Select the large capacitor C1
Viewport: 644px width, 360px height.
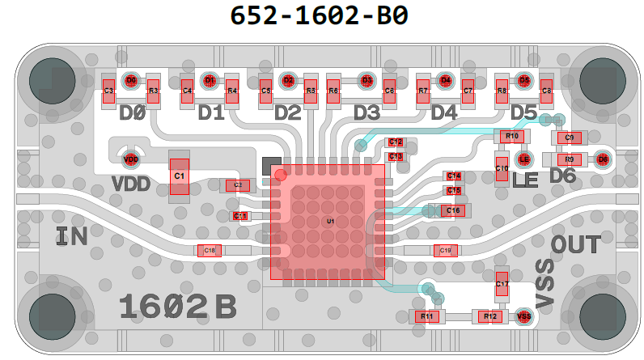click(x=179, y=175)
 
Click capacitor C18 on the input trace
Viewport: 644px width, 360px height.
click(x=209, y=251)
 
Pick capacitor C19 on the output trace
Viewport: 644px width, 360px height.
click(x=445, y=251)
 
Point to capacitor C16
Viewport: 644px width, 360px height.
click(x=453, y=210)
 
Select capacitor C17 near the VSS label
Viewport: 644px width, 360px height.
click(x=502, y=285)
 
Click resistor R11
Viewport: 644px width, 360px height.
click(x=426, y=316)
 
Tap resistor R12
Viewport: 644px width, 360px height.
click(x=489, y=316)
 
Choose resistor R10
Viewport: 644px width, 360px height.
click(x=511, y=137)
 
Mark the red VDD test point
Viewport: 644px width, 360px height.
click(x=130, y=159)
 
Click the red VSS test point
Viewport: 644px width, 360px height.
click(x=523, y=316)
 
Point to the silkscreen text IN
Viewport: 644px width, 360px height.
click(x=73, y=237)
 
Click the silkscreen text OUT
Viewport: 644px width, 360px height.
click(x=575, y=244)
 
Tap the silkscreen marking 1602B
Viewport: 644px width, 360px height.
click(x=177, y=307)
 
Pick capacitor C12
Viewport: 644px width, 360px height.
click(x=396, y=142)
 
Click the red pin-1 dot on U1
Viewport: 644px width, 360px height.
click(x=281, y=175)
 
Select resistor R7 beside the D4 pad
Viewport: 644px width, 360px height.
click(x=422, y=91)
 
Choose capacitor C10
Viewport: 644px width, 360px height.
click(x=502, y=167)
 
